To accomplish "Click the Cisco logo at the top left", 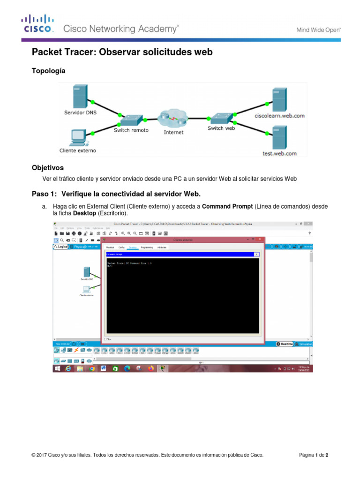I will pyautogui.click(x=37, y=24).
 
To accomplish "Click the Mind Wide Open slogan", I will pyautogui.click(x=318, y=30).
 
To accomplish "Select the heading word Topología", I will pyautogui.click(x=48, y=71).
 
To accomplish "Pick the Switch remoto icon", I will pyautogui.click(x=132, y=119).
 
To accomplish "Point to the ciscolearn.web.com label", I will pyautogui.click(x=279, y=115).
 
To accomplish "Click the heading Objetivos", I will pyautogui.click(x=47, y=167).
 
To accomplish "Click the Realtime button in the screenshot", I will pyautogui.click(x=285, y=344).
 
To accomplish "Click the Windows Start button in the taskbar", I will pyautogui.click(x=57, y=368).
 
